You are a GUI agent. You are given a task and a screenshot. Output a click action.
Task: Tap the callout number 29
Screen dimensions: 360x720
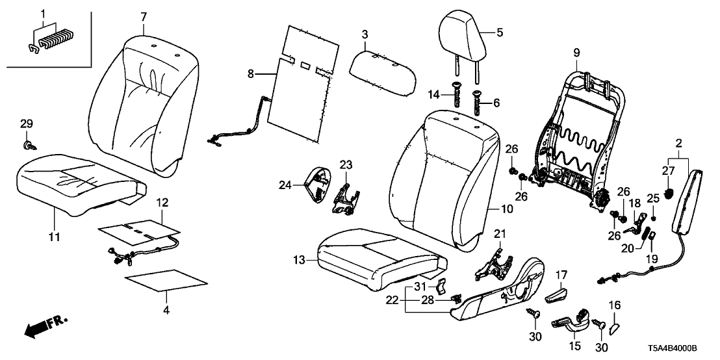pos(26,123)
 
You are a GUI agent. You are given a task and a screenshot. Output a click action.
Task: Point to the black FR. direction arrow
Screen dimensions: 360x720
pos(39,328)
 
